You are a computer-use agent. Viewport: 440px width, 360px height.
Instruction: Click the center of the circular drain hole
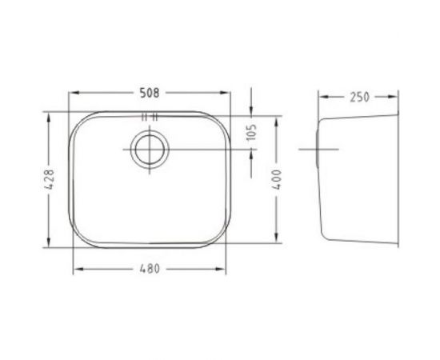tap(146, 149)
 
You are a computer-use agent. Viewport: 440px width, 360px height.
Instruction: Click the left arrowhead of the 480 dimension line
tap(76, 269)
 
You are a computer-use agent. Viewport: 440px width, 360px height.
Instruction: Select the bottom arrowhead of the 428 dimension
tap(50, 249)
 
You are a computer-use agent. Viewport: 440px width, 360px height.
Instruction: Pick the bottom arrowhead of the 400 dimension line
tap(276, 243)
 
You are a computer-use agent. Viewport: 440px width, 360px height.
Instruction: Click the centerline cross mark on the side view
tap(314, 149)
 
